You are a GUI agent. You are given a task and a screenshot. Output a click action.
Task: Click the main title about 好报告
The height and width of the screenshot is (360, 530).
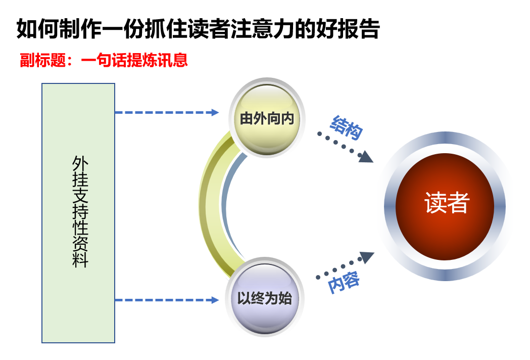[198, 29]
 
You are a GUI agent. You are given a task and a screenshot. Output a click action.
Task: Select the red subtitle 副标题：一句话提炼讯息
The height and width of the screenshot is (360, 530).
[104, 60]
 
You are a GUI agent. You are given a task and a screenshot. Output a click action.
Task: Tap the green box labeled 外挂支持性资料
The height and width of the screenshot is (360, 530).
[78, 213]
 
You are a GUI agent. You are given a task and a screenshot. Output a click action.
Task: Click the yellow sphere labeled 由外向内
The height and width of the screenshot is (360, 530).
[266, 118]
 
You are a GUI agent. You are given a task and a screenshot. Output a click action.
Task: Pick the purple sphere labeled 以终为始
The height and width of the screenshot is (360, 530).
[265, 297]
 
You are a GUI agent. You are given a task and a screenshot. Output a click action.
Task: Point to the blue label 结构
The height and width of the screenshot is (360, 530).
[346, 127]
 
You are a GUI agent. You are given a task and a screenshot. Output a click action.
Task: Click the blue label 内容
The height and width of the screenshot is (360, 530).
[344, 282]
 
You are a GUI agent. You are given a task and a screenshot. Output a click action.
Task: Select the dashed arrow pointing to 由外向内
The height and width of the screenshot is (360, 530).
[167, 112]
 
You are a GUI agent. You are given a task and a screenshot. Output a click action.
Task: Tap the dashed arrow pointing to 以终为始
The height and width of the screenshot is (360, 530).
[167, 300]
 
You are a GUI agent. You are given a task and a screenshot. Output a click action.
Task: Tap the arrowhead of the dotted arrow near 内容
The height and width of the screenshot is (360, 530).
[367, 257]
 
